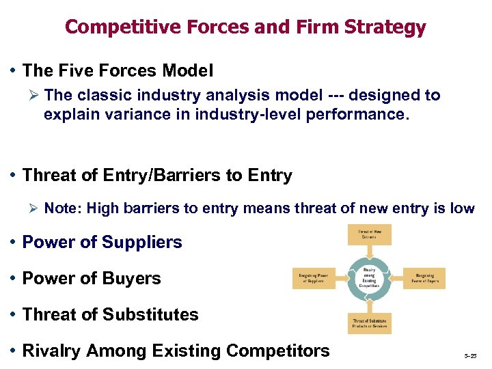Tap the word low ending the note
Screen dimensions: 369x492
coord(461,208)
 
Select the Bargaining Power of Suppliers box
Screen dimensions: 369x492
coord(314,278)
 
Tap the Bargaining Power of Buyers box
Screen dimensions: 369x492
coord(425,278)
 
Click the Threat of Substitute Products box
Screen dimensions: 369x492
coord(370,323)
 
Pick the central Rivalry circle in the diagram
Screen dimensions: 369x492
coord(370,278)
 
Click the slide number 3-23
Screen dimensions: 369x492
coord(471,357)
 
